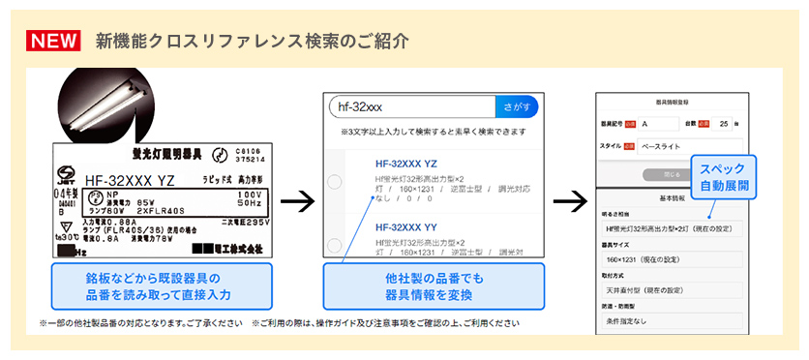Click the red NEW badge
click(54, 41)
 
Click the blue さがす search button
click(516, 105)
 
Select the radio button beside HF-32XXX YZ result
click(335, 181)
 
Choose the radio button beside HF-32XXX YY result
click(335, 243)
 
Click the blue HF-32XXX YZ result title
click(405, 164)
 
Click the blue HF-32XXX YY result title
click(405, 226)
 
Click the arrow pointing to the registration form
click(571, 202)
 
